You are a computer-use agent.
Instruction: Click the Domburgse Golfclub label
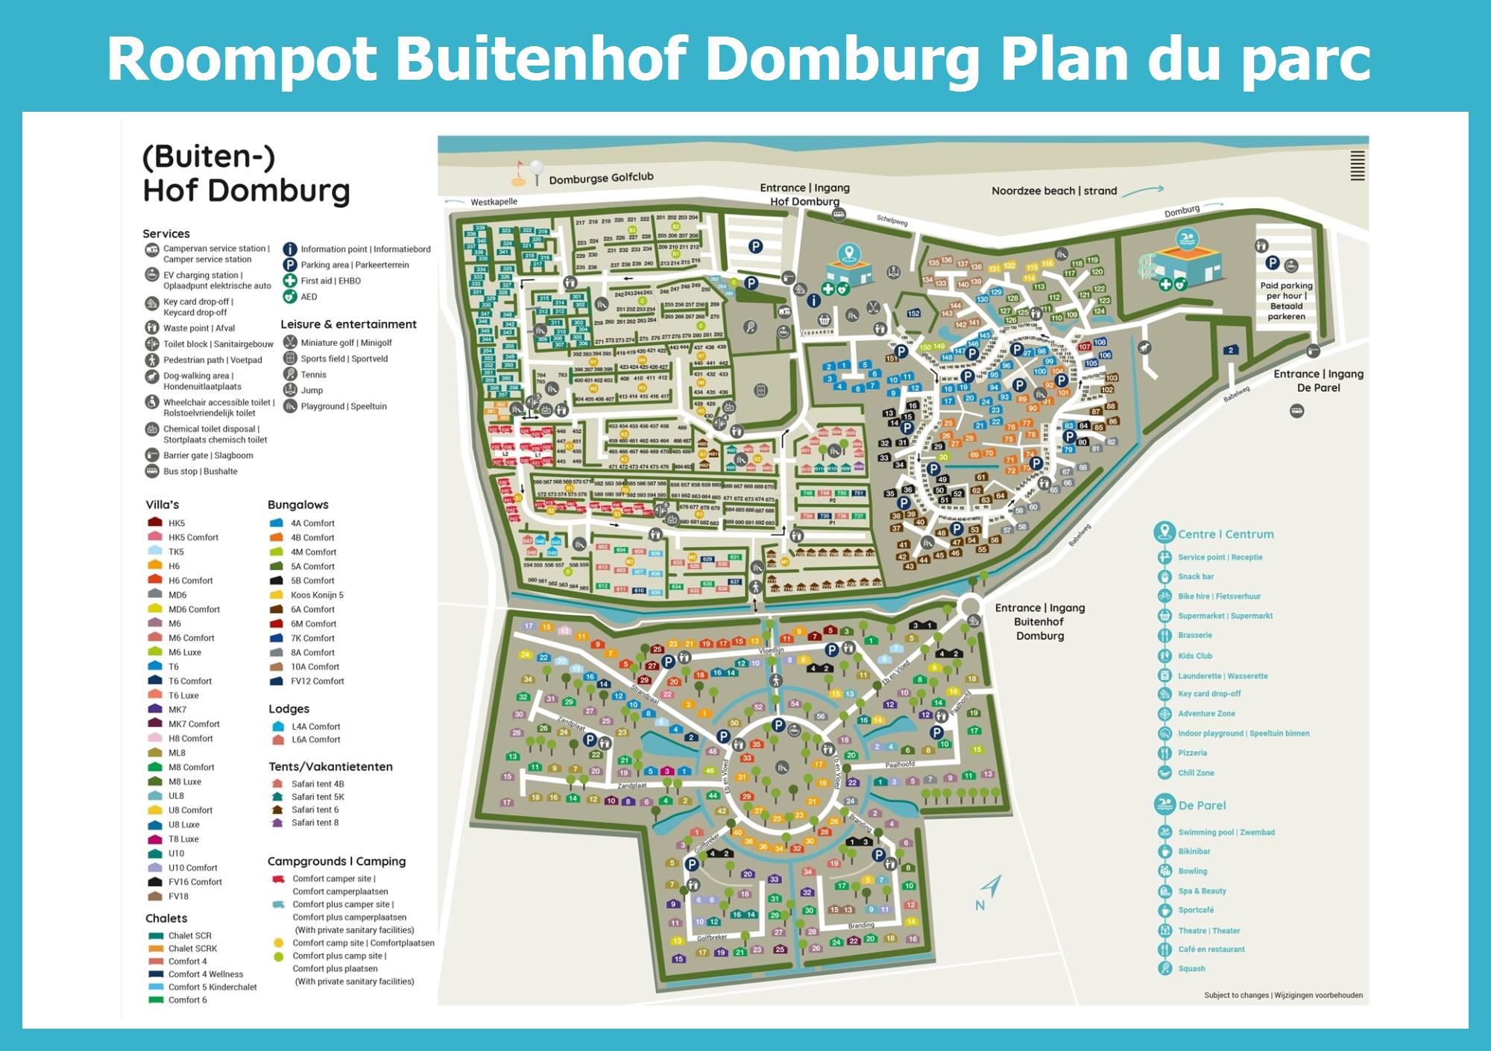coord(601,178)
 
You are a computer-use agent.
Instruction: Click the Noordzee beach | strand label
coord(1053,191)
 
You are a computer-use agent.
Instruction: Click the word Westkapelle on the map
coord(494,202)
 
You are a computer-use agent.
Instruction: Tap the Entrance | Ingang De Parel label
coord(1318,381)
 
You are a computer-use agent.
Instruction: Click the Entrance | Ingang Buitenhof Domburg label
coord(1039,622)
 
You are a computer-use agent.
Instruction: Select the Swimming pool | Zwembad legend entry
coord(1226,832)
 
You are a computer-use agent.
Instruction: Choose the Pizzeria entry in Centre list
coord(1192,753)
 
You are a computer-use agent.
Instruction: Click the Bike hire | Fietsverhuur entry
coord(1219,596)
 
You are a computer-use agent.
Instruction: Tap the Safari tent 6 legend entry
coord(315,809)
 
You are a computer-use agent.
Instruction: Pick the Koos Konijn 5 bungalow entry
coord(316,595)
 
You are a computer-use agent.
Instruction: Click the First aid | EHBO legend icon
coord(290,281)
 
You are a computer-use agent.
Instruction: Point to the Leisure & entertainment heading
coord(348,324)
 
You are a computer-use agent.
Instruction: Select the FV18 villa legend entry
coord(178,896)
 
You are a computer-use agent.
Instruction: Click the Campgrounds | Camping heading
coord(336,861)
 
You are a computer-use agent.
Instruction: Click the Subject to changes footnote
coord(1282,995)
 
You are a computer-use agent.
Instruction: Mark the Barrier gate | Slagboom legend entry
coord(207,455)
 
